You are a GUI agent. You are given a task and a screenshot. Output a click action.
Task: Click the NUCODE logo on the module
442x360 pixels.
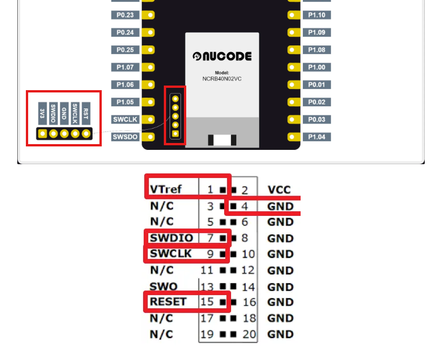[222, 56]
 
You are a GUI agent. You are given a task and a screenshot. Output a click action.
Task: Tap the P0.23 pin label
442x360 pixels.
[125, 15]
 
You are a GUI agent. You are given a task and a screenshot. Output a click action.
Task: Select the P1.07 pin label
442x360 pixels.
[125, 67]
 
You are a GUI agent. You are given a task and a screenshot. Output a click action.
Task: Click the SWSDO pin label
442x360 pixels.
[125, 137]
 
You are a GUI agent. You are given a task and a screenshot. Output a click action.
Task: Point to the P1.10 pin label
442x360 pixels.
[317, 15]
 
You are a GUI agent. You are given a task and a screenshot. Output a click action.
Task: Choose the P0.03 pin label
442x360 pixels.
[317, 119]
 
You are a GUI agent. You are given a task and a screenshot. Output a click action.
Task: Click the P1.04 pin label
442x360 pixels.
[317, 137]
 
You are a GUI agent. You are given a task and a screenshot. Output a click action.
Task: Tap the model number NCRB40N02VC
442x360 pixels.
[222, 79]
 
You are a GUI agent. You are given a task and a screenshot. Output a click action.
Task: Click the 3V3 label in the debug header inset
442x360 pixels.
[43, 113]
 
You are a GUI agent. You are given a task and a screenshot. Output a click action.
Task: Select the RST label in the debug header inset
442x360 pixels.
[86, 113]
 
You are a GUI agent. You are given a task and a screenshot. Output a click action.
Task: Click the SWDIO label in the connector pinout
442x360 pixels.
[171, 238]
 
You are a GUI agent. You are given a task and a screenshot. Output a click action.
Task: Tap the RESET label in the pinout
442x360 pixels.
[168, 301]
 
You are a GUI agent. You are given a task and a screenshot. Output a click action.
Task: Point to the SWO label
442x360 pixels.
[163, 286]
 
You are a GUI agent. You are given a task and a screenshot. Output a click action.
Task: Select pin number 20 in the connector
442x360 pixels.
[249, 334]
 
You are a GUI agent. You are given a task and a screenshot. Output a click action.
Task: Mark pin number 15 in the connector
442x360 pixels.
[207, 301]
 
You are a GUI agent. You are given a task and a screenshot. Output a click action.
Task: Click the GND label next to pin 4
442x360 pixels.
[280, 206]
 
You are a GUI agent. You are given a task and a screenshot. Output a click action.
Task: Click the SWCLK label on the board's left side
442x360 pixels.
[125, 119]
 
